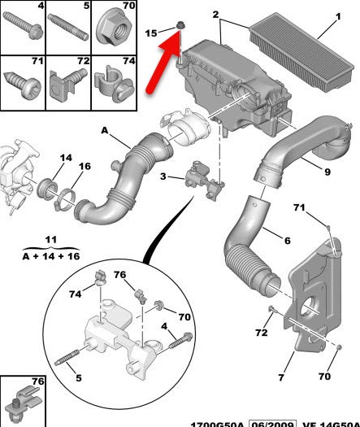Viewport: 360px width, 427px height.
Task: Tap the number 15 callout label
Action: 150,33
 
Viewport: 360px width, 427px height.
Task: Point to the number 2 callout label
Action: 216,15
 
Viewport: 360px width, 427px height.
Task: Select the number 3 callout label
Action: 163,176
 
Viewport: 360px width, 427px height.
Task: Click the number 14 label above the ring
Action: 66,156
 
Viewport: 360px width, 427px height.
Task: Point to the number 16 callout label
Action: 85,166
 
